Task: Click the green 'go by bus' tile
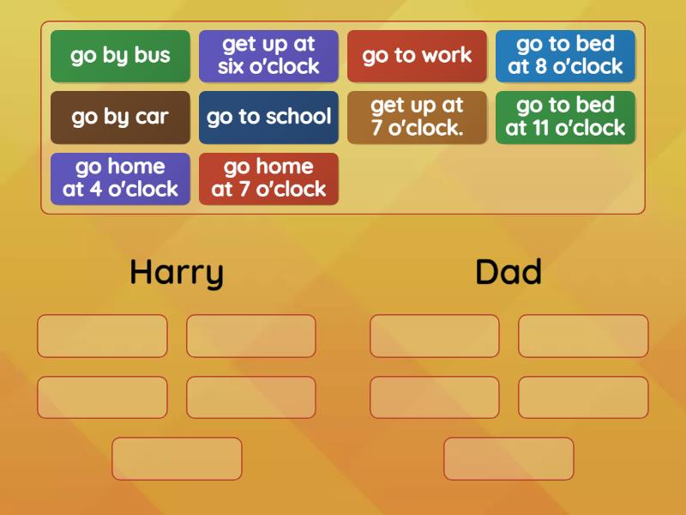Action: [120, 56]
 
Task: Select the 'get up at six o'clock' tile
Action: [268, 56]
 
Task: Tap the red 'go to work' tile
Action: [417, 56]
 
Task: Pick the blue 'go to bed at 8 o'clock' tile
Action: [565, 56]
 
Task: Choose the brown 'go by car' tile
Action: [120, 117]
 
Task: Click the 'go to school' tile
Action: [268, 117]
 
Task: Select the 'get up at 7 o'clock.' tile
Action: [417, 117]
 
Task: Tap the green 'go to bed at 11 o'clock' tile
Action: [565, 117]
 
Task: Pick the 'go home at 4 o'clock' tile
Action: [120, 179]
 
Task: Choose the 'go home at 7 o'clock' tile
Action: [268, 179]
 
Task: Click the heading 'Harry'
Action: [177, 272]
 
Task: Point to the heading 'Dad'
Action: [508, 272]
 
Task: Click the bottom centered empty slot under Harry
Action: [177, 458]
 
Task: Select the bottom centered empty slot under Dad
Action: [508, 458]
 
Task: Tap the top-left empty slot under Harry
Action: [102, 336]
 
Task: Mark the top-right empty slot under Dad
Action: [583, 336]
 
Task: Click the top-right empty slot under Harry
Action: [251, 336]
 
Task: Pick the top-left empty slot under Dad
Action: [435, 336]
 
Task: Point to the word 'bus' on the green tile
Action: [151, 56]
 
